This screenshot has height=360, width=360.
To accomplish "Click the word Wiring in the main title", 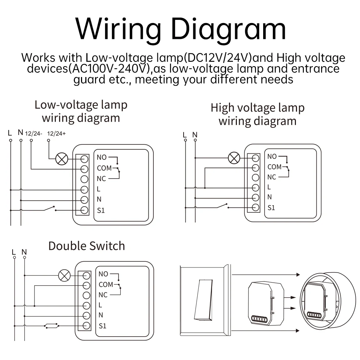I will pos(118,29).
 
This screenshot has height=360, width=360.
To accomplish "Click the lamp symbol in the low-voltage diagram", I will pos(62,159).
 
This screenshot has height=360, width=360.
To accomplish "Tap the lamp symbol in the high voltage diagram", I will pos(234,157).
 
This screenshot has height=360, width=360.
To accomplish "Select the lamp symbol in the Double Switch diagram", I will pos(64,276).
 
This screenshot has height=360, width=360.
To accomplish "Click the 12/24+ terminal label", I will pos(57,134).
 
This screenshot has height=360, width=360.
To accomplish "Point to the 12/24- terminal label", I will pos(33,134).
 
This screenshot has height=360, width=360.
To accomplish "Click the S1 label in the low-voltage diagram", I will pos(101,210).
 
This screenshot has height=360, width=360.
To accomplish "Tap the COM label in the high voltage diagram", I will pos(274,167).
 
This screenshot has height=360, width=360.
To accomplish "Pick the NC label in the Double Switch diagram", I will pos(103,295).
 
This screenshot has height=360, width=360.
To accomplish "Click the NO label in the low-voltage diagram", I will pos(102,157).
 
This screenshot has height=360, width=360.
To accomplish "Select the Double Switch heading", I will pos(86,246).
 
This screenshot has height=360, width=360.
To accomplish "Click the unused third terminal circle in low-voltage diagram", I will pos(84,179).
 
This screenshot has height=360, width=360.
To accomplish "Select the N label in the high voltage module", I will pos(270,197).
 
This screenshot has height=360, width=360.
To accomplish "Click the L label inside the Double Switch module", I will pos(100,305).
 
